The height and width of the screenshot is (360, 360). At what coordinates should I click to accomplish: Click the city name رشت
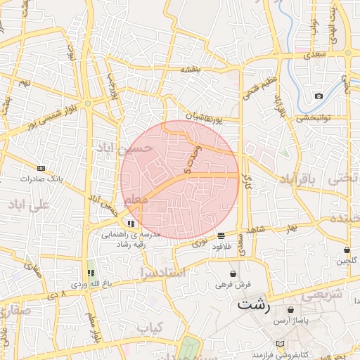pos(254,304)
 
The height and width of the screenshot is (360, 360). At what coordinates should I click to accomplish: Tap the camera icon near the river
pos(319,96)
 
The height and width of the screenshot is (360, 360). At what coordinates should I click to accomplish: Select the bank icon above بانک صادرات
pos(41,169)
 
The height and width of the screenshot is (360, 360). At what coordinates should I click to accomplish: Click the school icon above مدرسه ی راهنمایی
pos(131,223)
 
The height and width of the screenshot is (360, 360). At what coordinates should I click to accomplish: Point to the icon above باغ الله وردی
pos(90,274)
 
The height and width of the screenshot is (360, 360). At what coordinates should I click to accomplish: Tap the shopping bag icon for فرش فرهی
pos(233,274)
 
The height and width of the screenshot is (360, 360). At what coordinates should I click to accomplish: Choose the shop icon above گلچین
pos(347,250)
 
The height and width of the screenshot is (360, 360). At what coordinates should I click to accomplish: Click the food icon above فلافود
pos(221,236)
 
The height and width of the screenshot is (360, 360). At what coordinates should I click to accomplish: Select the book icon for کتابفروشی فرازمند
pos(281,342)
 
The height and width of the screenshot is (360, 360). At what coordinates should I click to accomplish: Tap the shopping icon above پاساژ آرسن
pos(290,309)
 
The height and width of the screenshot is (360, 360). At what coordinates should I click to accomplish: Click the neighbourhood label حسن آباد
pos(133,148)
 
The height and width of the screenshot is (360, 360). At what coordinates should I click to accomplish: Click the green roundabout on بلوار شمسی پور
pos(88,103)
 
